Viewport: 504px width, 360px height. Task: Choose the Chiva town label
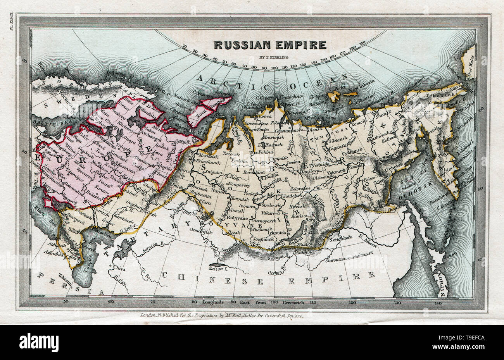tap(119, 267)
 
